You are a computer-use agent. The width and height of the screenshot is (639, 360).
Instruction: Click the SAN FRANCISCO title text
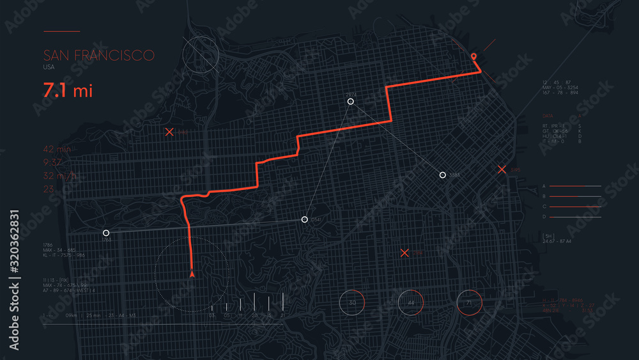click(98, 55)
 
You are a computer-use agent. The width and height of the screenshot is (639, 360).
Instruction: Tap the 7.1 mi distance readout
click(68, 90)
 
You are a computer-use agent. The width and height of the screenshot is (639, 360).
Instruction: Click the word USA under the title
click(49, 67)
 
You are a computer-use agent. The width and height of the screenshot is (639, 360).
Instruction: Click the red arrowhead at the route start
click(192, 274)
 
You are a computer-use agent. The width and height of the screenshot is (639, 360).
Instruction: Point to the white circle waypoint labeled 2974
click(350, 101)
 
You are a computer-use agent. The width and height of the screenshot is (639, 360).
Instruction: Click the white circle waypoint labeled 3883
click(442, 175)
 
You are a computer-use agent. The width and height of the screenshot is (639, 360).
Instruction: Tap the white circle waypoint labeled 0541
click(305, 219)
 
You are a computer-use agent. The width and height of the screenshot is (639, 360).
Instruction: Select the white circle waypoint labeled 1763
click(106, 233)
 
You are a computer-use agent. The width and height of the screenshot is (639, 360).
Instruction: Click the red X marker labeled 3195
click(502, 169)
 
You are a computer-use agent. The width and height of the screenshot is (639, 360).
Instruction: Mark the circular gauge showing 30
click(351, 302)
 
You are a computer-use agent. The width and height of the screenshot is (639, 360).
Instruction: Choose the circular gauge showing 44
click(411, 302)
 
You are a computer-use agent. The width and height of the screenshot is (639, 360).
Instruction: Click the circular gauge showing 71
click(470, 302)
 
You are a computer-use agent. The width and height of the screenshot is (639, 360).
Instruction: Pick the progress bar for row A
click(575, 186)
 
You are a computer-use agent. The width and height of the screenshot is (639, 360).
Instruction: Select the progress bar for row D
click(575, 217)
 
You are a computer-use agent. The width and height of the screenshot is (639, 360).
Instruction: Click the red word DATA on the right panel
click(547, 116)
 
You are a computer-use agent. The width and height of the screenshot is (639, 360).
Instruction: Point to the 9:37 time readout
click(53, 162)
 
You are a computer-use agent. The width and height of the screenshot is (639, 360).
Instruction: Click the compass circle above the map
click(201, 53)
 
